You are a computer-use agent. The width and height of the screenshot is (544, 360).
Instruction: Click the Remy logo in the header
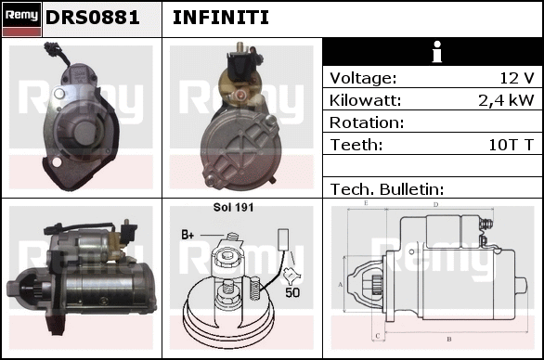click(x=22, y=19)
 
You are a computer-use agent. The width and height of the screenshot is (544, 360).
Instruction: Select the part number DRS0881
click(x=93, y=18)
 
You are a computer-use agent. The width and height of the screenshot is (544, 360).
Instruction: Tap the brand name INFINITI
click(x=221, y=18)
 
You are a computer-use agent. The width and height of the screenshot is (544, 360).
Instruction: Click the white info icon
click(x=437, y=52)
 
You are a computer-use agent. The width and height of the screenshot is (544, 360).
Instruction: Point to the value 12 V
click(x=517, y=78)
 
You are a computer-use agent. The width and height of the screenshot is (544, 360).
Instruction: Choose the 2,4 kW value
click(x=506, y=100)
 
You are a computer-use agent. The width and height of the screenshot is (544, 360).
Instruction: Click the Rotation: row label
click(x=367, y=122)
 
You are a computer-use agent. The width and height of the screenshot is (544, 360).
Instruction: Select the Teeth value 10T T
click(x=511, y=145)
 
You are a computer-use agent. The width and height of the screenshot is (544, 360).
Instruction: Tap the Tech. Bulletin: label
click(x=387, y=189)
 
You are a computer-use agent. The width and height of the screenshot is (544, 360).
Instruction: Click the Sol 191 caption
click(x=234, y=208)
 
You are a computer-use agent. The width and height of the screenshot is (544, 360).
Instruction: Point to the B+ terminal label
click(x=188, y=235)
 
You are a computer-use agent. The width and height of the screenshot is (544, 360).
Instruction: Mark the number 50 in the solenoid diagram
click(x=292, y=292)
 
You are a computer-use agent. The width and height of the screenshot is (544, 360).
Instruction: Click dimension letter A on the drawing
click(x=341, y=285)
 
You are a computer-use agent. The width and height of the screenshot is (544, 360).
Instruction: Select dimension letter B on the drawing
click(x=449, y=339)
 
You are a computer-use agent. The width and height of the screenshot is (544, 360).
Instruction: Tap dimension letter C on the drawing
click(x=378, y=336)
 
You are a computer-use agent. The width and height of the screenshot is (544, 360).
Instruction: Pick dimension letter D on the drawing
click(x=435, y=205)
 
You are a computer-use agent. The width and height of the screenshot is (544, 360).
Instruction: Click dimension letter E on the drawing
click(x=366, y=203)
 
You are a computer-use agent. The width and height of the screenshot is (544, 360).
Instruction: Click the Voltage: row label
click(x=363, y=78)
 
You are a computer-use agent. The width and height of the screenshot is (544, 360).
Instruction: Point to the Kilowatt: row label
click(x=366, y=100)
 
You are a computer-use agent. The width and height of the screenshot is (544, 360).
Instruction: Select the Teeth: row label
click(x=356, y=145)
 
